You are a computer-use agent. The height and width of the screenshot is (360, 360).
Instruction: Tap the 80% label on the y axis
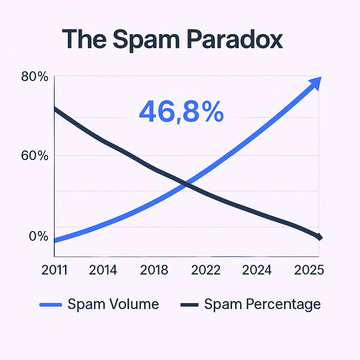coord(34,77)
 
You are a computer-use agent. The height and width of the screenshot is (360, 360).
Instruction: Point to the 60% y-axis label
coord(34,155)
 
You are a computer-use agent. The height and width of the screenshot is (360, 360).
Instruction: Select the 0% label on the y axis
coord(38,236)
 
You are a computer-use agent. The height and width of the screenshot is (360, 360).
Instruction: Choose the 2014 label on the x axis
coord(103,270)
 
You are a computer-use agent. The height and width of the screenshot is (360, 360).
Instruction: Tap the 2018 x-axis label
coord(154,270)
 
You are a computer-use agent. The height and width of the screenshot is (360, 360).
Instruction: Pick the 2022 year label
coord(205,270)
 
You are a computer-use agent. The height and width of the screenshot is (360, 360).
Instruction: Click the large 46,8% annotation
coord(181,111)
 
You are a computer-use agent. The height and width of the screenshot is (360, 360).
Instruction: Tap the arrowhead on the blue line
coord(314,83)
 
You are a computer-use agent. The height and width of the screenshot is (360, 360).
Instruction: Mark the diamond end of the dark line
coord(319,237)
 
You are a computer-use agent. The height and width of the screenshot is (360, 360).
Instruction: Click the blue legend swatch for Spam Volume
coord(51,304)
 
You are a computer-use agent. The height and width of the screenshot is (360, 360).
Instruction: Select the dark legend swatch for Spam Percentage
coord(190,304)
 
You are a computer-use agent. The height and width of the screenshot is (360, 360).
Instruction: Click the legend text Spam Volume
coord(113,304)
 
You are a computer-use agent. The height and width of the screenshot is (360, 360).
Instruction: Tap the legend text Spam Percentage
coord(262,304)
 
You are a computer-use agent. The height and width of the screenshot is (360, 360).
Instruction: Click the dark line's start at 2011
coord(55,109)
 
